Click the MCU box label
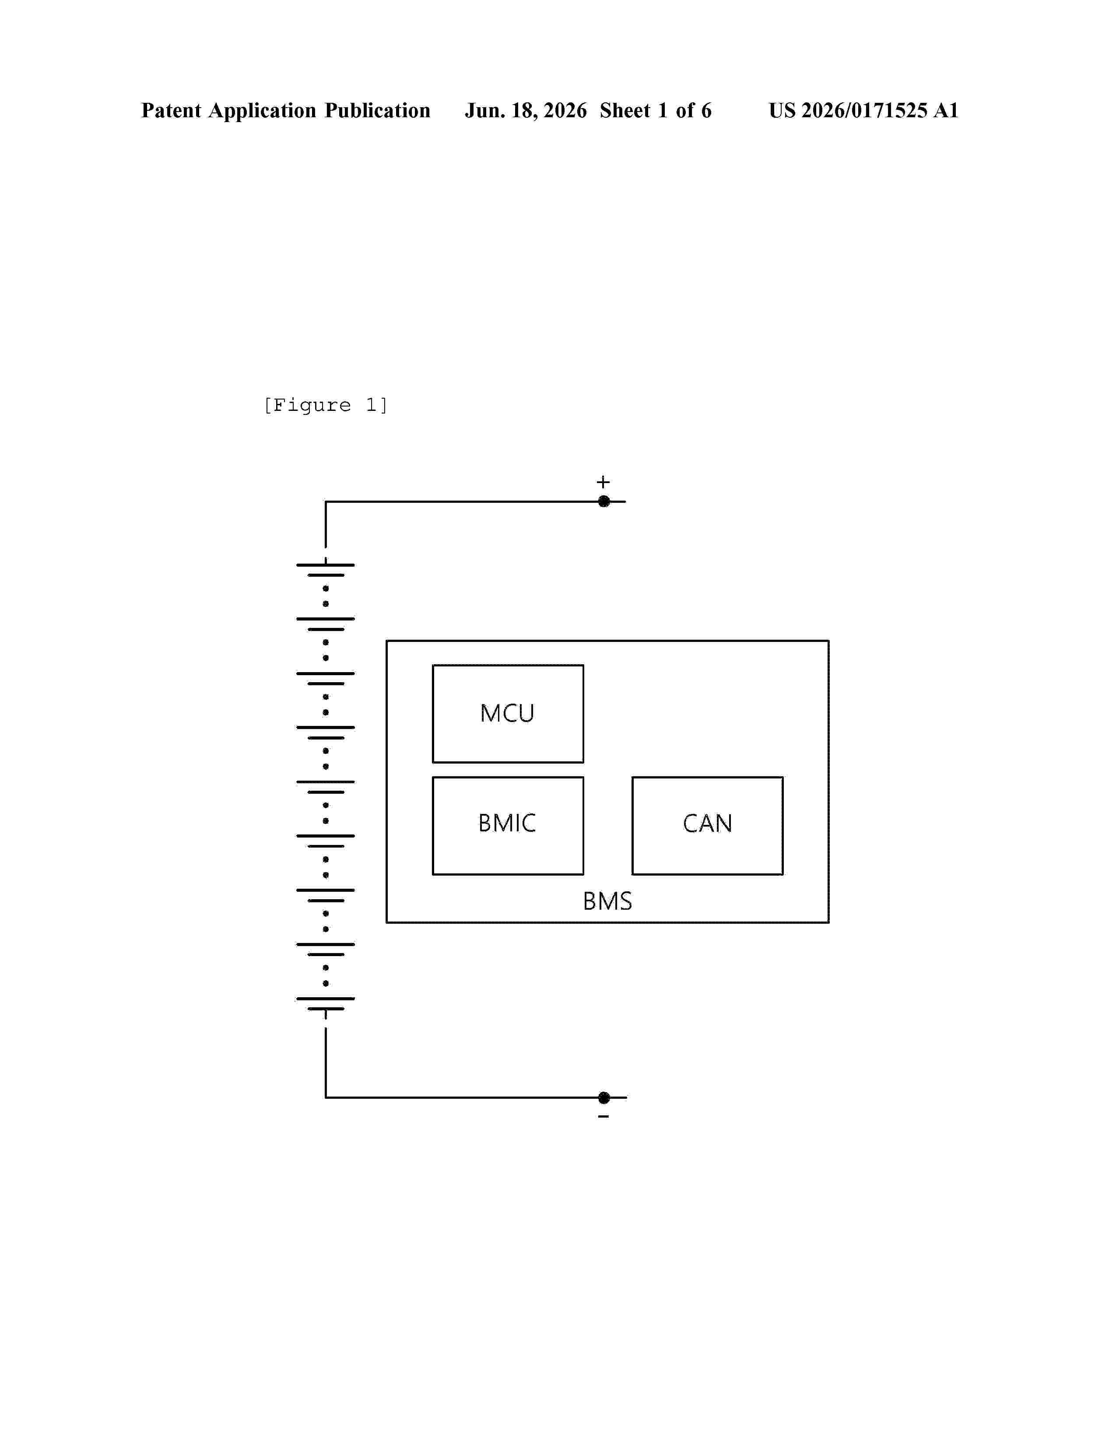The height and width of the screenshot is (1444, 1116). [507, 713]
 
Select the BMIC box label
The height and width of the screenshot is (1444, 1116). [507, 823]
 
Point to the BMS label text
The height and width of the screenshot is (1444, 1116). [607, 901]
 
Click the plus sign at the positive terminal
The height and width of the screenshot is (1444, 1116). [603, 482]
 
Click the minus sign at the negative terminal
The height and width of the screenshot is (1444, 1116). [603, 1117]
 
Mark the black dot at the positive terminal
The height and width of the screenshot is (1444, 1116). [604, 501]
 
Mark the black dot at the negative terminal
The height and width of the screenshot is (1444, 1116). [604, 1097]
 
